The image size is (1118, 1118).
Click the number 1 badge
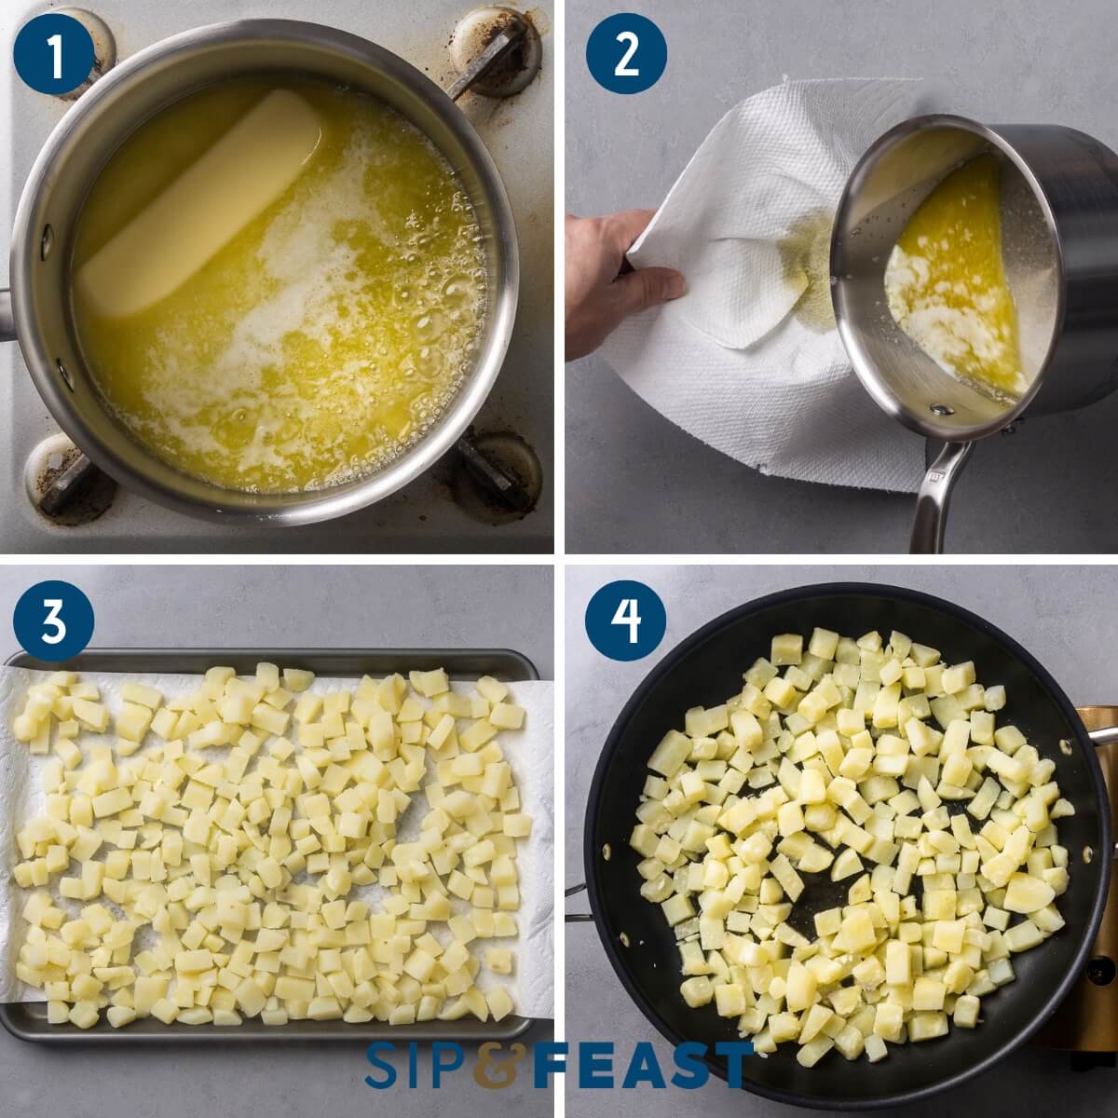pyautogui.click(x=55, y=55)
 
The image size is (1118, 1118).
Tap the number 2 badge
pyautogui.click(x=626, y=55)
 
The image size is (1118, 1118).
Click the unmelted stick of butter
pyautogui.click(x=200, y=200)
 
